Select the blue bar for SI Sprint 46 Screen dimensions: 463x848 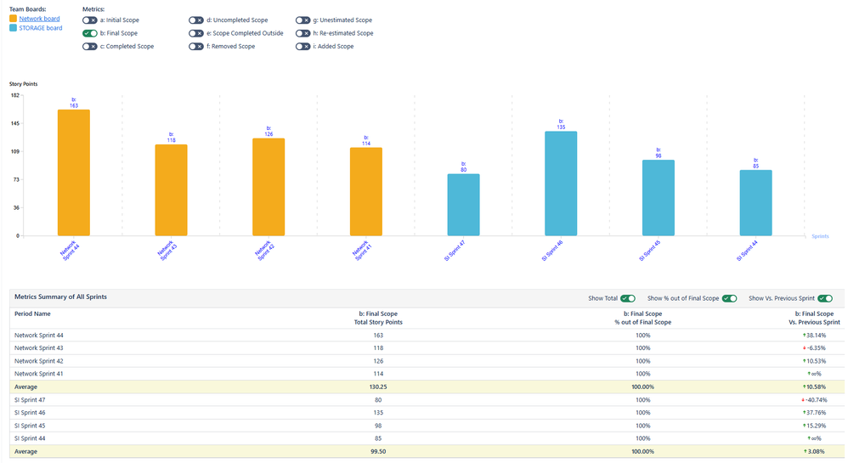(x=561, y=184)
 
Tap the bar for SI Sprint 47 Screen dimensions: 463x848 (x=463, y=205)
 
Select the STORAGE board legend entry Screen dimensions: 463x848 (x=40, y=28)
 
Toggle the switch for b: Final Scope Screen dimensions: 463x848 (x=90, y=33)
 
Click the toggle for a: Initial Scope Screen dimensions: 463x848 (x=90, y=20)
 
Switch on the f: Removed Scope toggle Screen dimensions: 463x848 (x=196, y=47)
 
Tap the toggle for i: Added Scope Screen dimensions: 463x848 (x=302, y=47)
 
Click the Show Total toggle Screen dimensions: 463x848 (x=628, y=298)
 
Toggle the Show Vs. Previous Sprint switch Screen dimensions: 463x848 (x=825, y=298)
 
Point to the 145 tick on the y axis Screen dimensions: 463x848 (x=15, y=123)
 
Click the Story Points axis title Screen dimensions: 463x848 (x=23, y=84)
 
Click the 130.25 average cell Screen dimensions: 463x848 (x=378, y=387)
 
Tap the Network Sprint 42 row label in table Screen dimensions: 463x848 (x=38, y=361)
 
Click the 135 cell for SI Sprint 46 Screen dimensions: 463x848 (x=378, y=412)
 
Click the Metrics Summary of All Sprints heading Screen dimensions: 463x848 (x=60, y=296)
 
